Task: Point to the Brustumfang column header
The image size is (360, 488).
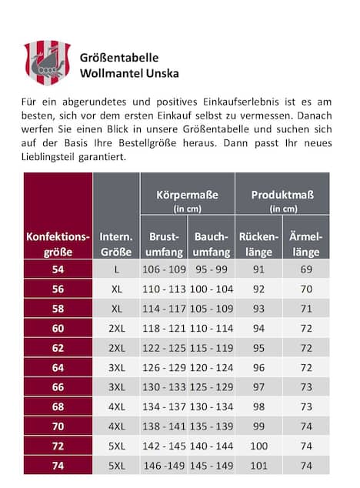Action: [x=163, y=244]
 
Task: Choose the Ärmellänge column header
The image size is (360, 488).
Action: [x=306, y=244]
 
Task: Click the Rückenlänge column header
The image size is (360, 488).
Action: [x=258, y=244]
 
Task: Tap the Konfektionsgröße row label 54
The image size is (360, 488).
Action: [x=58, y=269]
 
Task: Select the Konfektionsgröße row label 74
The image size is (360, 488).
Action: [x=58, y=465]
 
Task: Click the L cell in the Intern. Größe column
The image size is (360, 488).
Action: [x=116, y=269]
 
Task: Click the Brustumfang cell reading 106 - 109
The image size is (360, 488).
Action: [x=163, y=269]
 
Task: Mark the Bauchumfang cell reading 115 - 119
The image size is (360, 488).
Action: [x=211, y=347]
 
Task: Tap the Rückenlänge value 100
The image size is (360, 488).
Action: [x=258, y=446]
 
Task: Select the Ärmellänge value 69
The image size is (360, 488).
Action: [x=306, y=269]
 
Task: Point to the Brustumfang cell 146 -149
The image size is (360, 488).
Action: [x=164, y=465]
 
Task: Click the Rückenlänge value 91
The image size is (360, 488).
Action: [x=258, y=269]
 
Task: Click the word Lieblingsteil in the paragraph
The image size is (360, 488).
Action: [x=53, y=157]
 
